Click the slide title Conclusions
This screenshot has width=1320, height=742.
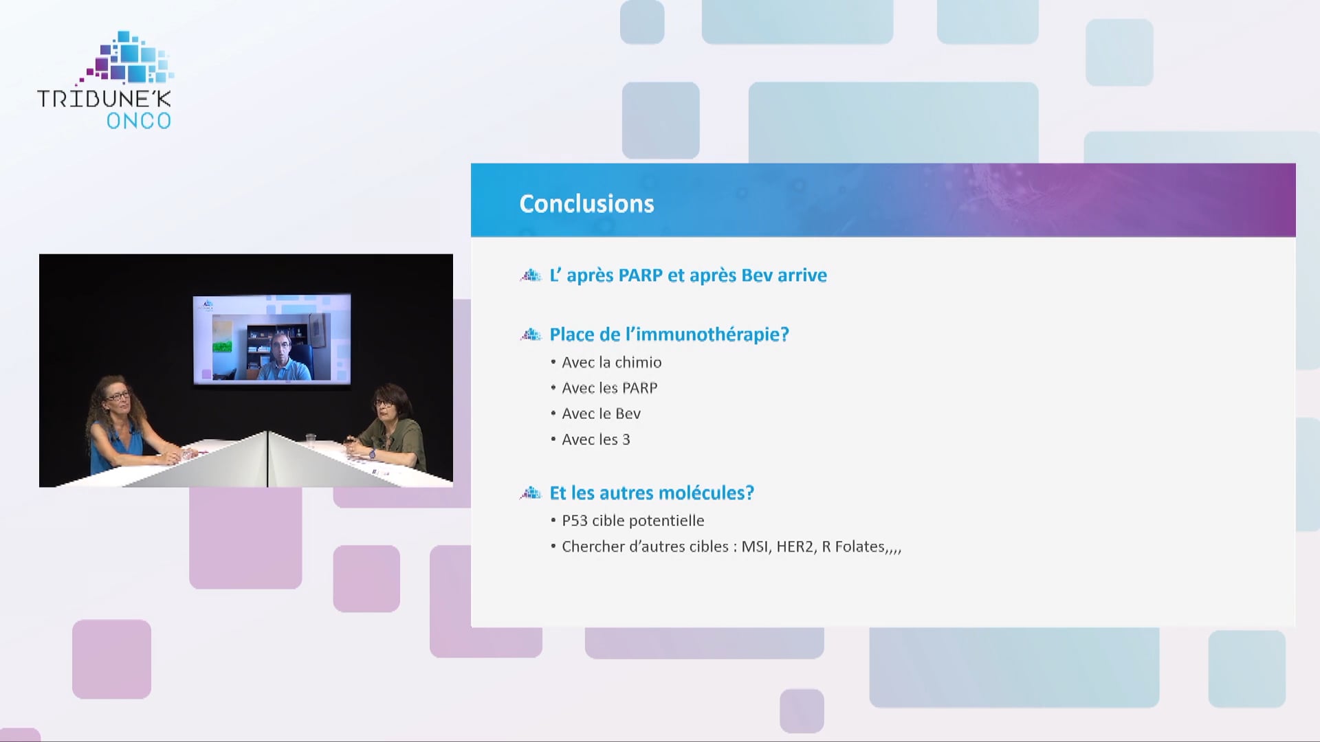pos(586,203)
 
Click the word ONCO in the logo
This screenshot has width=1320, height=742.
pos(139,121)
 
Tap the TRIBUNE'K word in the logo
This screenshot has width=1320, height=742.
pos(104,98)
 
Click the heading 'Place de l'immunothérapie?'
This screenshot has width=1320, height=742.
pos(669,335)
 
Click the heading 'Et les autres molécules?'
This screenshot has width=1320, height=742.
pos(652,493)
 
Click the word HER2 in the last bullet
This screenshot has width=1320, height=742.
pos(795,546)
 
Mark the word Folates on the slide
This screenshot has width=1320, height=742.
pos(860,546)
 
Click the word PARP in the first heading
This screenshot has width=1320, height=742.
pos(641,276)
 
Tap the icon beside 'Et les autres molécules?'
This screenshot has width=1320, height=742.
pos(531,493)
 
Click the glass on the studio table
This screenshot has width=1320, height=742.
pos(310,440)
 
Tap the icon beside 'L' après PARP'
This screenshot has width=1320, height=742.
pos(531,276)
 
